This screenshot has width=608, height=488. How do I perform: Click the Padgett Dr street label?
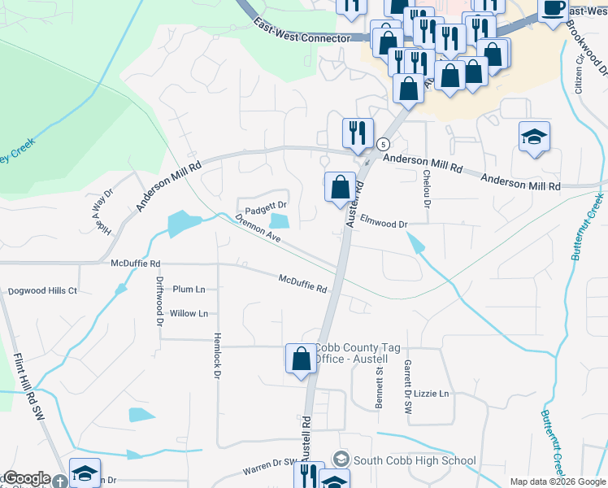click(267, 206)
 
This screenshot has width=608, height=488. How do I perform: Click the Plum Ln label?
click(189, 289)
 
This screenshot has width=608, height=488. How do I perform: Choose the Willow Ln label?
click(189, 313)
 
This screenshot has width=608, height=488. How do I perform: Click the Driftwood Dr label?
click(159, 300)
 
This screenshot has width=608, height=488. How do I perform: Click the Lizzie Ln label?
click(431, 394)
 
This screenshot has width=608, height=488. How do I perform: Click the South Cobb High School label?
click(415, 460)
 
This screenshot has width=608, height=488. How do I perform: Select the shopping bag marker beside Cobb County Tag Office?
click(300, 358)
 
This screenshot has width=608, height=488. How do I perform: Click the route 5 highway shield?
click(382, 144)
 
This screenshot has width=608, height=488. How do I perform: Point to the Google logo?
click(27, 478)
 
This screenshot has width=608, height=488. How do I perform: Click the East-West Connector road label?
click(301, 31)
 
